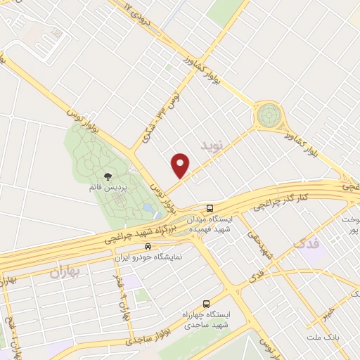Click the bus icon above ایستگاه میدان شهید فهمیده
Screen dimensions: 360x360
click(210, 207)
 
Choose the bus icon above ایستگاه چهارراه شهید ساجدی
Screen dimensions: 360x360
click(205, 304)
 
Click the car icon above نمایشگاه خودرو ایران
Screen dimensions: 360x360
click(148, 247)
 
